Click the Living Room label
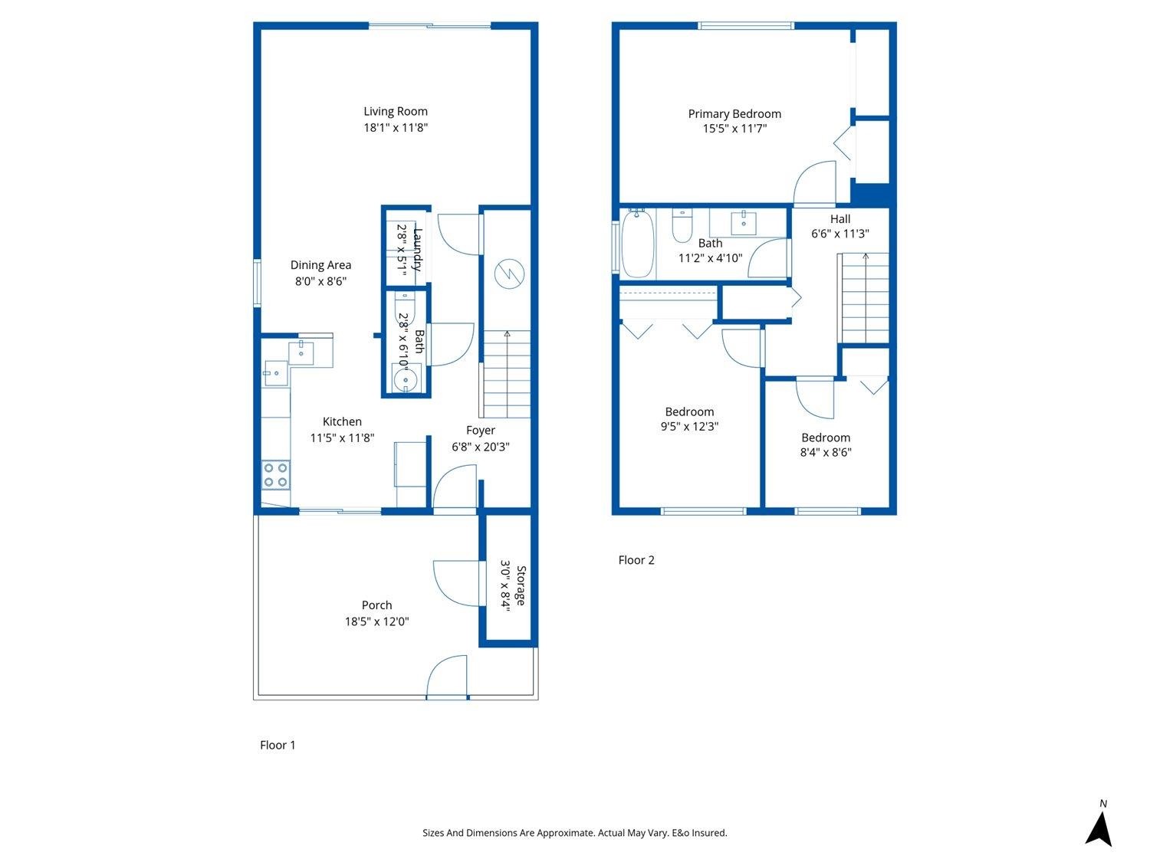pyautogui.click(x=396, y=111)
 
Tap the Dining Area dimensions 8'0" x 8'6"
pyautogui.click(x=320, y=281)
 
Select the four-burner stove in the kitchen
pyautogui.click(x=275, y=475)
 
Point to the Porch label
pyautogui.click(x=376, y=605)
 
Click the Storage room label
pyautogui.click(x=521, y=585)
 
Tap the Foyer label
pyautogui.click(x=481, y=430)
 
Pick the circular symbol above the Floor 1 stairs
pyautogui.click(x=509, y=274)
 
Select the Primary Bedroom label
pyautogui.click(x=734, y=114)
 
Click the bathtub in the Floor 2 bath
pyautogui.click(x=638, y=244)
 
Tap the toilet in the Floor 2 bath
pyautogui.click(x=682, y=226)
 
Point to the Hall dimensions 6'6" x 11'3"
pyautogui.click(x=839, y=234)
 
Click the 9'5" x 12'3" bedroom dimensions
pyautogui.click(x=689, y=427)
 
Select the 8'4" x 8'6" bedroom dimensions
pyautogui.click(x=826, y=452)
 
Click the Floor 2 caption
pyautogui.click(x=636, y=560)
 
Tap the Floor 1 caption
pyautogui.click(x=278, y=746)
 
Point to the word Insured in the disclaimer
pyautogui.click(x=709, y=833)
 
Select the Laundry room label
pyautogui.click(x=418, y=249)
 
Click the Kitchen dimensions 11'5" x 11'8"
pyautogui.click(x=342, y=438)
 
